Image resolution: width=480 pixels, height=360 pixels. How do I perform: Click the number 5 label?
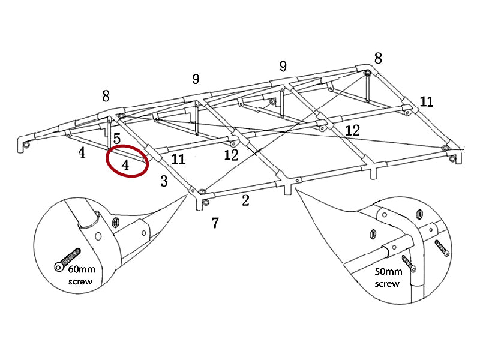pos(117,139)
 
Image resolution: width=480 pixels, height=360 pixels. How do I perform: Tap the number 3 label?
pos(164,182)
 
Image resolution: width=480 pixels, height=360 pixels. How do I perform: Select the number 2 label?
pos(245,200)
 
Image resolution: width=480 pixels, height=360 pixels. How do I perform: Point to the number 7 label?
pos(215,223)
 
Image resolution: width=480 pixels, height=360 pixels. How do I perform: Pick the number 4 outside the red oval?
pos(82,153)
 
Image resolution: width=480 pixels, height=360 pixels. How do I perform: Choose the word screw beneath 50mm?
pos(387,283)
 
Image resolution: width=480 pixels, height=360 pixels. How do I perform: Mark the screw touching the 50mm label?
pos(410,262)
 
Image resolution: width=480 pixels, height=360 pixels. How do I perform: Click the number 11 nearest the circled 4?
pos(178,159)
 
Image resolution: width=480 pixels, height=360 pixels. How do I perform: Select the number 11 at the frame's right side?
pos(426,101)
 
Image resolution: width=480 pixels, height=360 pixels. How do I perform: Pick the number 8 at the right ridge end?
pos(378,58)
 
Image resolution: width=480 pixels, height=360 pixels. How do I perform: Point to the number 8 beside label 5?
pos(106,96)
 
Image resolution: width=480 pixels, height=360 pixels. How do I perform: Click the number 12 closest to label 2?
pos(231,155)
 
